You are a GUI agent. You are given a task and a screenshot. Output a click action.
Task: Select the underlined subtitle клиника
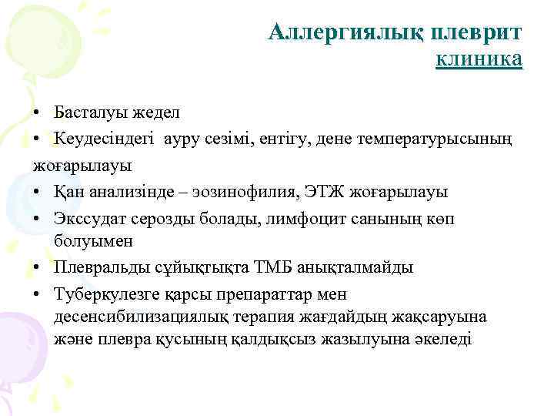coord(479,59)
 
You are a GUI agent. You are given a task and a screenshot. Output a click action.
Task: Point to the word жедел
coord(155,112)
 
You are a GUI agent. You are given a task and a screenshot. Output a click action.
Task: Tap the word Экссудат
coord(88,216)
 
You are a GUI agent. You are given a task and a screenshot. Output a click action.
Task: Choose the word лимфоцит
coord(304,216)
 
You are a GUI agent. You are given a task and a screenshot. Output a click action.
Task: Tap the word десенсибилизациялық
coord(136,317)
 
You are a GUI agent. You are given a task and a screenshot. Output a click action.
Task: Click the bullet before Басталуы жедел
coord(38,113)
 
